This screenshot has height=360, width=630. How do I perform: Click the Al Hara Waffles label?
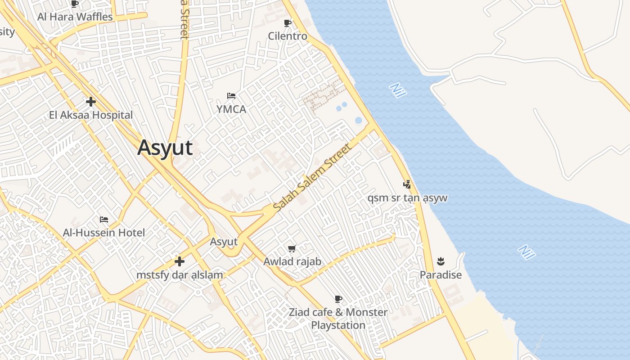tap(75, 17)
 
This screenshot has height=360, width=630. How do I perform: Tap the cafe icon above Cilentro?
tap(288, 23)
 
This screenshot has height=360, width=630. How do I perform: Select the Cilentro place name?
tap(288, 36)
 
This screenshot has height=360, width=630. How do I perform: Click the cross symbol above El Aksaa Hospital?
tap(91, 102)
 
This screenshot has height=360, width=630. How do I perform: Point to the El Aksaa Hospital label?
tap(91, 115)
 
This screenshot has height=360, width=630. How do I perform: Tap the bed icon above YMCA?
tap(231, 96)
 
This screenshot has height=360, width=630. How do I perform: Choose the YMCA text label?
tap(231, 109)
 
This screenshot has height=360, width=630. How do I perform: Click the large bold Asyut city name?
tap(165, 148)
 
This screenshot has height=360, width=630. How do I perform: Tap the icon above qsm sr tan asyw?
tap(407, 184)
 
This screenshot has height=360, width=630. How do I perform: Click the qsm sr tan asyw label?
tap(407, 198)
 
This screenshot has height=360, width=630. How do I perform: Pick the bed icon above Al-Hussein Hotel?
tap(104, 220)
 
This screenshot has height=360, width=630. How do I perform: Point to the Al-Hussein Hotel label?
tap(104, 233)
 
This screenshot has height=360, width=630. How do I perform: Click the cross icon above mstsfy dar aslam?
tap(180, 261)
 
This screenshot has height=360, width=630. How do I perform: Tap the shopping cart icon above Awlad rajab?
tap(292, 248)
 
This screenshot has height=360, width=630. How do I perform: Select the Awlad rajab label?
tap(292, 261)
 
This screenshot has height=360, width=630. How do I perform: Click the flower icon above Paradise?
tap(441, 261)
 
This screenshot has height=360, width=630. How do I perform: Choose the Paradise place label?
tap(441, 275)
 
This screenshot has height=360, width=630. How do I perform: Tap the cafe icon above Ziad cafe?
tap(338, 299)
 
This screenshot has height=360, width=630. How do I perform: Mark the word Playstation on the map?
tap(338, 325)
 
